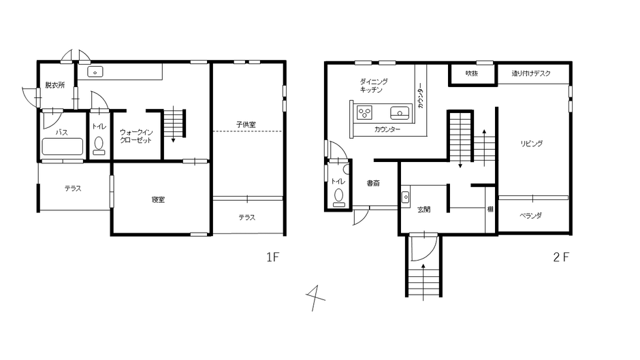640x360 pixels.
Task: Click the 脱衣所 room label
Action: coord(55,85)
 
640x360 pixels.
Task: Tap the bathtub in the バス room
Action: coord(63,146)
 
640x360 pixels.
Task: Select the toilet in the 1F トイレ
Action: coord(99,146)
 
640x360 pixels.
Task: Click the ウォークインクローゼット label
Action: coord(136,136)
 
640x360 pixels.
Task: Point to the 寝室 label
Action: coord(158,199)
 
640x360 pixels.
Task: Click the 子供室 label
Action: coord(246,124)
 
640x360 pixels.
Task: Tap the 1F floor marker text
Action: coord(272,257)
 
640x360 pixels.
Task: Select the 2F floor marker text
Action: coord(561,257)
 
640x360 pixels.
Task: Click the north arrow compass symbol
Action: coord(315,298)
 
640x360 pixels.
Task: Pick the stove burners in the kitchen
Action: coord(364,113)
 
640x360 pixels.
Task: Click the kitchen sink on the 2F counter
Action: coord(400,112)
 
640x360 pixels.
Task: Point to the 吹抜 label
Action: coord(472,73)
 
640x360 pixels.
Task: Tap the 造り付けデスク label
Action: coord(531,73)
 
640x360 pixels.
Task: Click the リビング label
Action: coord(532,144)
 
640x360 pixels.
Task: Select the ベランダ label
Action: coord(530,216)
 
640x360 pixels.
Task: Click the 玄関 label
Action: coord(423,210)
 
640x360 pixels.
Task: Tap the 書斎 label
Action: coord(373,183)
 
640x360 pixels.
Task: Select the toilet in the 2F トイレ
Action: coord(339,197)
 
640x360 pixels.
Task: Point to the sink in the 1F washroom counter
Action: coord(95,72)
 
